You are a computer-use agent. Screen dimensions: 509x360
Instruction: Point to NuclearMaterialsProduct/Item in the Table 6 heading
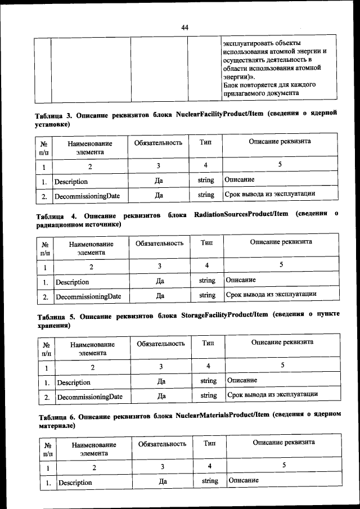(x=220, y=415)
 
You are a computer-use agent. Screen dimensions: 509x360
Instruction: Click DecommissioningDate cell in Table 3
(x=87, y=195)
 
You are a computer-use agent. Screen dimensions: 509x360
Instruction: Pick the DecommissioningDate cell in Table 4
(x=88, y=296)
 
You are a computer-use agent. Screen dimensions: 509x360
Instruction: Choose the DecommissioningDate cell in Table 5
(x=90, y=397)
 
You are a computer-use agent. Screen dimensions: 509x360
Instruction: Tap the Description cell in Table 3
(x=71, y=182)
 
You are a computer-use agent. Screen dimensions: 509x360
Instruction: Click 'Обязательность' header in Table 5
(x=161, y=343)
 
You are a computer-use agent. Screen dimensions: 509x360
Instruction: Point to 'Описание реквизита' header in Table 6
(x=283, y=443)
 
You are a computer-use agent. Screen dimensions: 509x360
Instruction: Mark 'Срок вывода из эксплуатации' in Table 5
(x=273, y=395)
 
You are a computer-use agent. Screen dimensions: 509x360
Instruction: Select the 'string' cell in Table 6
(x=210, y=481)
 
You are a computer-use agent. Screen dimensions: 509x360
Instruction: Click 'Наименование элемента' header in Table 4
(x=91, y=249)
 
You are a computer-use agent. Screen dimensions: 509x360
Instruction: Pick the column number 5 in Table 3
(x=280, y=165)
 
